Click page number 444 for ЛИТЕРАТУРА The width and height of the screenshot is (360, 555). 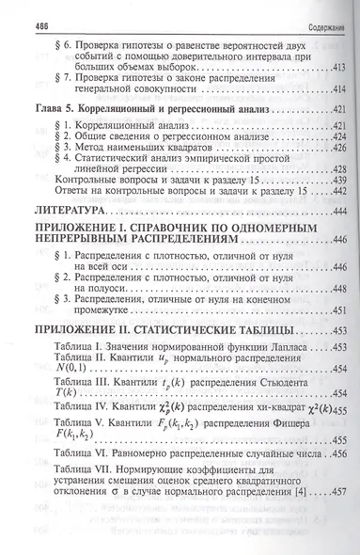(x=333, y=206)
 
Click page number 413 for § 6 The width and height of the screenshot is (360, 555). (x=334, y=70)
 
